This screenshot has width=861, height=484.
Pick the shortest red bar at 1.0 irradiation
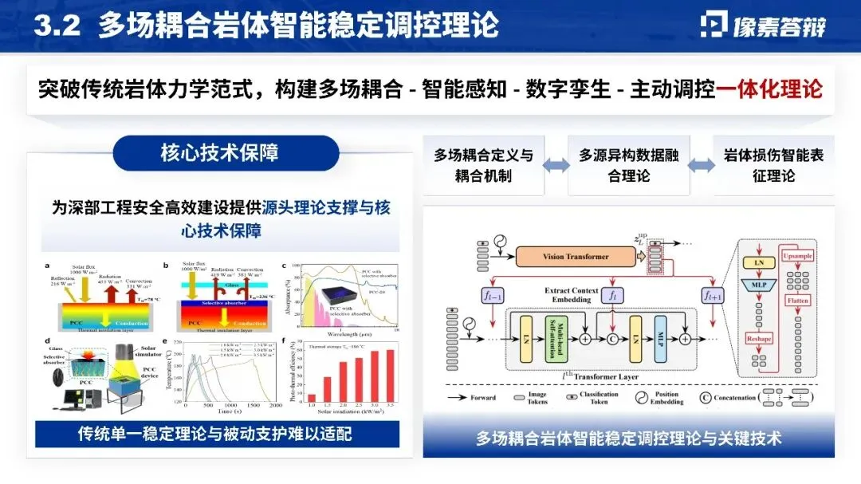pos(313,398)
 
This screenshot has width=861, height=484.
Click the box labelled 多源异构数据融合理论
pos(628,166)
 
